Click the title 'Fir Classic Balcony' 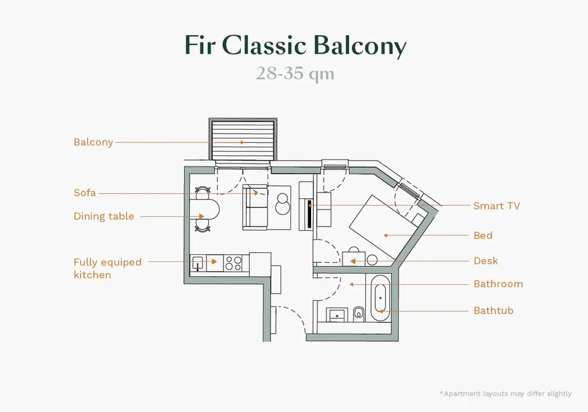coord(295,45)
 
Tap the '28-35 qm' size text coord(295,74)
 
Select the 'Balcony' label coord(93,142)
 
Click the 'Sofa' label coord(85,193)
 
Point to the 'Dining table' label coord(103,217)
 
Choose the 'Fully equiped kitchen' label coord(107,268)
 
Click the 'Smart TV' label coord(496,206)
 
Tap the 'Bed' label coord(483,235)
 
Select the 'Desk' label coord(486,261)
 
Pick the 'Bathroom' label coord(498,284)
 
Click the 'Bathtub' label coord(493,310)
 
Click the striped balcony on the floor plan coord(243,140)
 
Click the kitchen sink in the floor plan coord(198,263)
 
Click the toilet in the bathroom coord(358,313)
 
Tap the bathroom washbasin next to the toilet coord(337,314)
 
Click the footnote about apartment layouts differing coord(505,394)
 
